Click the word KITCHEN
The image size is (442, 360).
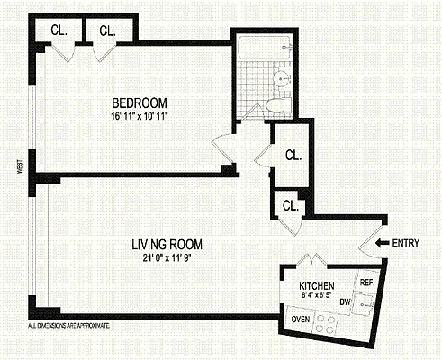point(316,288)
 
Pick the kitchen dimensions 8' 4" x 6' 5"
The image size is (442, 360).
point(316,299)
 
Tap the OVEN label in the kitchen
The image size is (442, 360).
point(301,319)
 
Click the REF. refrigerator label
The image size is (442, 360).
point(367,283)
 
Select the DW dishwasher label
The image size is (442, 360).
point(345,302)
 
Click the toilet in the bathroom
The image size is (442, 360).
point(276,106)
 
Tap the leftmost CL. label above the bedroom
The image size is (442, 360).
point(59,30)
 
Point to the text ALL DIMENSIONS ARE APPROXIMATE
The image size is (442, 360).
point(68,322)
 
